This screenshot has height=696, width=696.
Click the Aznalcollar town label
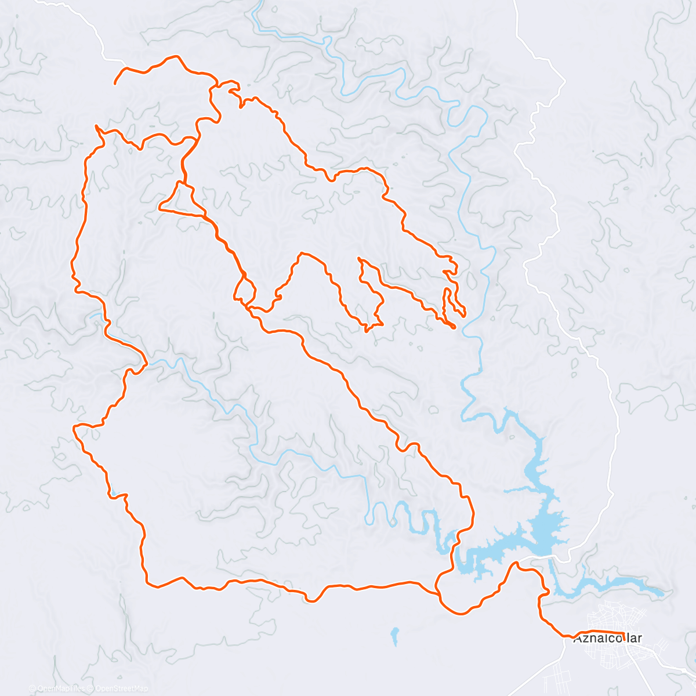(x=607, y=639)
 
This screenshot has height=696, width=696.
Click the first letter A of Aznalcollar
(x=577, y=639)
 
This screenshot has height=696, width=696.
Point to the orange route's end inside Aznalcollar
(x=623, y=637)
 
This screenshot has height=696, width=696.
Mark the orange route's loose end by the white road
(x=115, y=84)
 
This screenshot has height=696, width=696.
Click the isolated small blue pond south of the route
(x=394, y=635)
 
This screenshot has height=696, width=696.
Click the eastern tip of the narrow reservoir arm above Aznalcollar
(x=662, y=593)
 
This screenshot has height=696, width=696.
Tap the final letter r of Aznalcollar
(x=639, y=639)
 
